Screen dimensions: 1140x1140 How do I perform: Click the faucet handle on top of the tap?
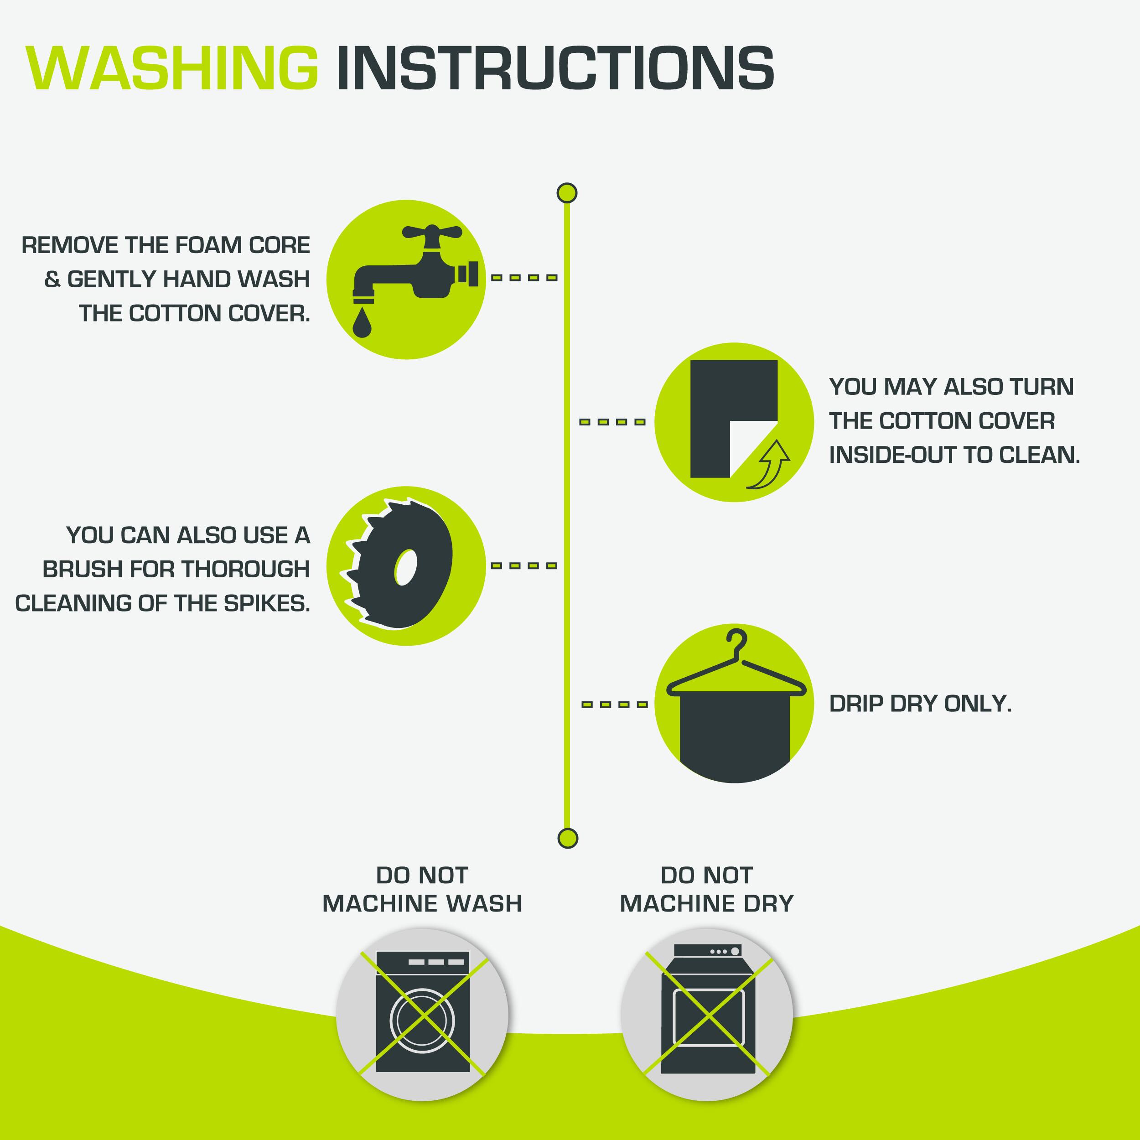(431, 232)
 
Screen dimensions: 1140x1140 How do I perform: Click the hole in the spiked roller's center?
(405, 568)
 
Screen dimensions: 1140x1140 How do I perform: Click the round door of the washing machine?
(423, 1021)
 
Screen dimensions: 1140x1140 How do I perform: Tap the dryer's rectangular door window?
(708, 1017)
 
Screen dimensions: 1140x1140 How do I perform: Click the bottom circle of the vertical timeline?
(567, 838)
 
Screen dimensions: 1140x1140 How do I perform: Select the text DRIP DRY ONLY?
(921, 704)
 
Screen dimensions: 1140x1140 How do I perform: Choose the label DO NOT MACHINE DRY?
(707, 889)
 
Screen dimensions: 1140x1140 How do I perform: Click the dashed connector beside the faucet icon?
(524, 277)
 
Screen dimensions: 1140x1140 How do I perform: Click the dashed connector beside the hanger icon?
(614, 705)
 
